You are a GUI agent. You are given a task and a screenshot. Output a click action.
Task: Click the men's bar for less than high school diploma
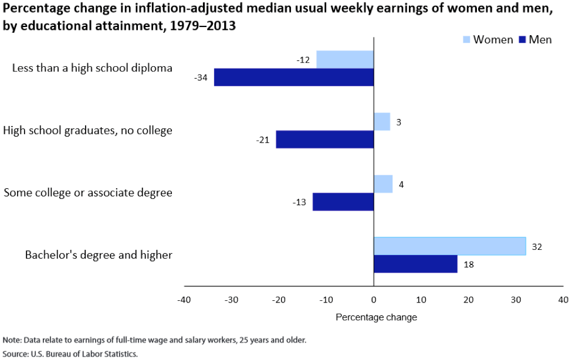(293, 77)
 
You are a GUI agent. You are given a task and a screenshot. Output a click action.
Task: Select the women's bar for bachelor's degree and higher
(449, 246)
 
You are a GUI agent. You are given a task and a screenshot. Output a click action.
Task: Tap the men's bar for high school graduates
(324, 140)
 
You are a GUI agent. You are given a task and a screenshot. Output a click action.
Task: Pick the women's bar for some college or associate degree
(383, 184)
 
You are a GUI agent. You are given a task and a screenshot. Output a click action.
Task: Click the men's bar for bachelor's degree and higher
(415, 264)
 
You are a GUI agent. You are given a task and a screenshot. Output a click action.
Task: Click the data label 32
(536, 247)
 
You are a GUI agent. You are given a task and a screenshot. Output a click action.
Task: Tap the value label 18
(468, 264)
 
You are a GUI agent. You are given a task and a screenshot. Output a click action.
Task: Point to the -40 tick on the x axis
(184, 300)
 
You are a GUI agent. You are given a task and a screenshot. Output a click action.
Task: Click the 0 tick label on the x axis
(374, 300)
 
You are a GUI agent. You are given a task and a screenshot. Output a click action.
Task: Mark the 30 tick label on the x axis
(516, 300)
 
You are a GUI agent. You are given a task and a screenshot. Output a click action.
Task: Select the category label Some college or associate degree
(88, 192)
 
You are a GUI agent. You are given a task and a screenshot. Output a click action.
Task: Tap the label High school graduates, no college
(88, 130)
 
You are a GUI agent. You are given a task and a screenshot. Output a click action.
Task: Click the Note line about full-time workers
(154, 340)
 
